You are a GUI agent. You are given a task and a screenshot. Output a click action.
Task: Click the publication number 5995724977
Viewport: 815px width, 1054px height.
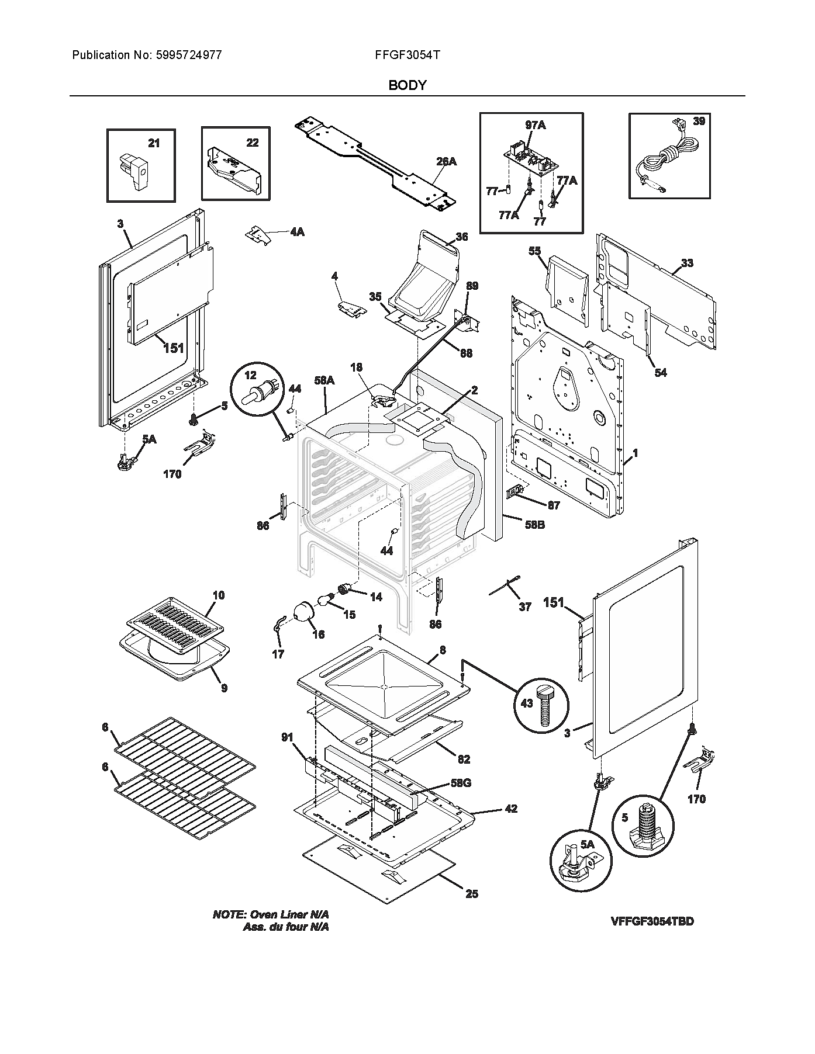[189, 56]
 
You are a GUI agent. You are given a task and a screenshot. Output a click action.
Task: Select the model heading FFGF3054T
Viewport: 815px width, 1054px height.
[407, 56]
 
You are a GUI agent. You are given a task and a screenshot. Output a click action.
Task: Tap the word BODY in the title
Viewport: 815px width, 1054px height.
[407, 85]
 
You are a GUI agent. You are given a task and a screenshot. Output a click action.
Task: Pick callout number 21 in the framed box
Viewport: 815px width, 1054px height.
[153, 143]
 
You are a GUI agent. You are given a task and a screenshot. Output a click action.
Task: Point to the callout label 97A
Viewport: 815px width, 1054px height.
[536, 125]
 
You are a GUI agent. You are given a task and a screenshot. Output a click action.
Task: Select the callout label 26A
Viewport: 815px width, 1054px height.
[446, 161]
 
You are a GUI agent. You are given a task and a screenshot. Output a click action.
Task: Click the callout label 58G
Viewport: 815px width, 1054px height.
[460, 782]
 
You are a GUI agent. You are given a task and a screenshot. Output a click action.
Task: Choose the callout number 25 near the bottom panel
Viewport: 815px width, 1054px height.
[472, 894]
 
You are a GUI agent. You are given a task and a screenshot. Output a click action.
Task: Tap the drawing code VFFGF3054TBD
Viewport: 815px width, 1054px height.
[652, 921]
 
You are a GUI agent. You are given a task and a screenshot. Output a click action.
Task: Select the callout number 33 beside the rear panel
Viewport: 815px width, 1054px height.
[687, 263]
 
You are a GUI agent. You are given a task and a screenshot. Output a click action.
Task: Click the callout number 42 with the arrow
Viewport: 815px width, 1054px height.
[511, 809]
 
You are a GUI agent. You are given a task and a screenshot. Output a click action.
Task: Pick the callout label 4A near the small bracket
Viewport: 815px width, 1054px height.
[296, 232]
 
